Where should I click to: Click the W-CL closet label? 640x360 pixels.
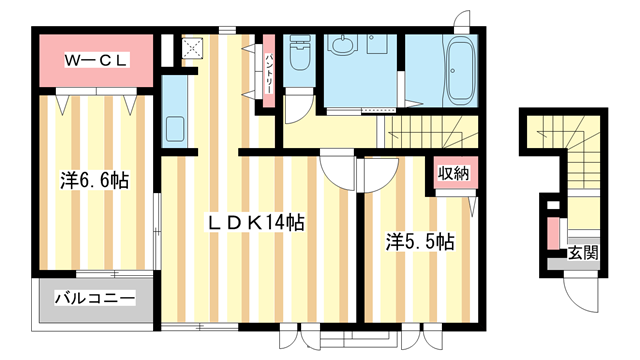click(97, 61)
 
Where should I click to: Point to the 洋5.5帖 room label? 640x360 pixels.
click(421, 241)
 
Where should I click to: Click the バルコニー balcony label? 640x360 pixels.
click(95, 299)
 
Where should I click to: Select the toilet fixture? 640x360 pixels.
click(299, 58)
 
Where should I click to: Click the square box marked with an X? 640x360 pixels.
click(193, 47)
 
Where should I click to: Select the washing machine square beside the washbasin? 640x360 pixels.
click(378, 45)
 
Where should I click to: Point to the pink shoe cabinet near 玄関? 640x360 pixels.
click(553, 236)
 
